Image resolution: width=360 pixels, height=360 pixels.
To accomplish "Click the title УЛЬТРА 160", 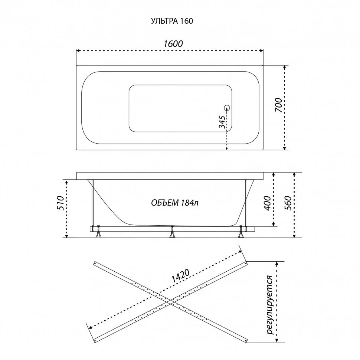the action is pos(172,21).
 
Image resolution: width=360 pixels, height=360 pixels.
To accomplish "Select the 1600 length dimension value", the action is pos(173,44).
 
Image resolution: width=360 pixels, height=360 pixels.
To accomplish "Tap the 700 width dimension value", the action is pos(278,105).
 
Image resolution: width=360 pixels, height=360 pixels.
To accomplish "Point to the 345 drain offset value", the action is pos(222,122).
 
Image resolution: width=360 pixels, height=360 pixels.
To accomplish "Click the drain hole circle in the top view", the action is pos(227,108).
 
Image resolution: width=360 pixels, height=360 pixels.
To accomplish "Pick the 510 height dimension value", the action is pos(60,203).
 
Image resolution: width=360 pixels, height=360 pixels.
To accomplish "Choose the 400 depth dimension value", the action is pos(268,203).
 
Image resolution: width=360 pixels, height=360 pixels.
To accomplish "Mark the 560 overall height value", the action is pos(288,203).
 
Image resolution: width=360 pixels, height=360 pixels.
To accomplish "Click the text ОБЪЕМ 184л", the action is pos(175,203).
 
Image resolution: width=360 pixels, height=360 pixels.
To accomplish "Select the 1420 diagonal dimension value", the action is pos(180,276).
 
